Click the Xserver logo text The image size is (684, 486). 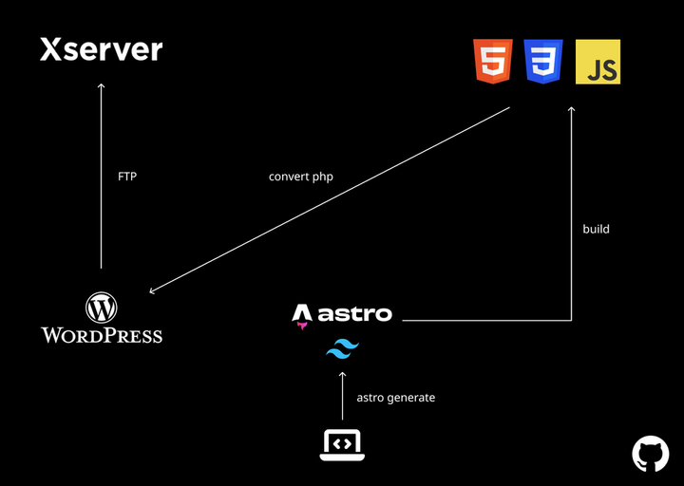click(x=101, y=50)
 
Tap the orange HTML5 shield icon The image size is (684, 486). click(x=492, y=62)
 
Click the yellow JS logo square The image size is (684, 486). click(x=598, y=62)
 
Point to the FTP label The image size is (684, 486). click(x=127, y=177)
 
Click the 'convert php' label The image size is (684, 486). click(x=301, y=177)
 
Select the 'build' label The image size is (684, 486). click(x=596, y=229)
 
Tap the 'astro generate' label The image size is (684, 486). click(x=395, y=398)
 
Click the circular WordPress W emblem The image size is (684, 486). click(x=101, y=307)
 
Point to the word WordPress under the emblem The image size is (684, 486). click(x=101, y=335)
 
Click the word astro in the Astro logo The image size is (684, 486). click(x=355, y=314)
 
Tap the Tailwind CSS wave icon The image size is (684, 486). click(x=342, y=350)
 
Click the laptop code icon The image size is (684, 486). click(x=342, y=443)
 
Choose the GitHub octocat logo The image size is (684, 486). click(x=651, y=454)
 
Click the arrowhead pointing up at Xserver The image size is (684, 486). click(x=101, y=86)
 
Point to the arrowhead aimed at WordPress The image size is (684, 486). click(x=152, y=291)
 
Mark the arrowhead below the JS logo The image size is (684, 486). click(x=572, y=109)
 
